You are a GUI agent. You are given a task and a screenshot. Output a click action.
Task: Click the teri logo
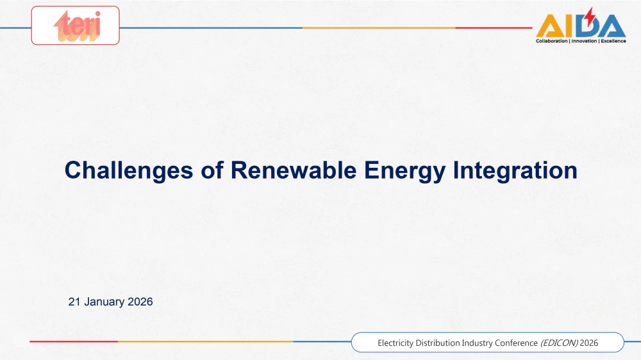(x=78, y=26)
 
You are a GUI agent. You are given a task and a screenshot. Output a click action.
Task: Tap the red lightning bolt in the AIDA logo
(x=588, y=17)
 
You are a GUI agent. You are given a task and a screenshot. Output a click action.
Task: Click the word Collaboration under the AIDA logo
(x=551, y=41)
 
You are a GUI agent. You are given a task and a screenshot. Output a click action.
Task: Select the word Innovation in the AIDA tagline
(x=584, y=41)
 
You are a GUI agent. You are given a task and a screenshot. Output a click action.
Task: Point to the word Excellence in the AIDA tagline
(x=613, y=41)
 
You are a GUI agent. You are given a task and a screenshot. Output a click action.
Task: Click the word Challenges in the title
(x=129, y=170)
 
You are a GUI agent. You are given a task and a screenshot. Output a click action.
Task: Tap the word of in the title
(x=212, y=170)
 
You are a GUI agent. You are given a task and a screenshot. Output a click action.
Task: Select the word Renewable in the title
(x=294, y=170)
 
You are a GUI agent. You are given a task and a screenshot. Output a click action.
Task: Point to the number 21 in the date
(x=74, y=302)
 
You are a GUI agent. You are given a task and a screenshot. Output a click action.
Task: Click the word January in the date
(x=104, y=302)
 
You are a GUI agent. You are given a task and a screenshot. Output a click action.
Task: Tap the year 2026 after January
(x=140, y=302)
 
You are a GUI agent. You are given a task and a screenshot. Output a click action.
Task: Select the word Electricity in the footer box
(x=395, y=343)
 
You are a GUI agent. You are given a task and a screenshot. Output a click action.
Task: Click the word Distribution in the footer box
(x=437, y=343)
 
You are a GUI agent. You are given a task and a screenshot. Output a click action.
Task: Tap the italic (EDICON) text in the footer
(x=559, y=343)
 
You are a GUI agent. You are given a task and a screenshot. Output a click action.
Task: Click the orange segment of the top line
(x=379, y=28)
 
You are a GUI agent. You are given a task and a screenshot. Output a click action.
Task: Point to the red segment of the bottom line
(x=74, y=341)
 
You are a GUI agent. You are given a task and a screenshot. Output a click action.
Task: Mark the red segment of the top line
(x=494, y=28)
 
